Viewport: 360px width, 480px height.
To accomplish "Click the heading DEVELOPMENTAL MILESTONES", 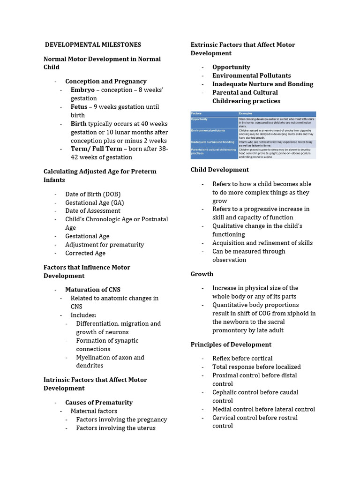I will (93, 45).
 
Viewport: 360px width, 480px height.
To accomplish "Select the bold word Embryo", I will (82, 90).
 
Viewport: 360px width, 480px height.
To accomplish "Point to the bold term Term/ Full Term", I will (96, 149).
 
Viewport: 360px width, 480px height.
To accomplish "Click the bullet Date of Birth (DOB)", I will (93, 194).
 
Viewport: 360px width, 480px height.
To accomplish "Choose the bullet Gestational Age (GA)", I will (94, 202).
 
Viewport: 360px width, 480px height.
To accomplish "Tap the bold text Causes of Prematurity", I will (99, 403).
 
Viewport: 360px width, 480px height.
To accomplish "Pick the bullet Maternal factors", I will (94, 411).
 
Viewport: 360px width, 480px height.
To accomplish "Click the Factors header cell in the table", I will (196, 114).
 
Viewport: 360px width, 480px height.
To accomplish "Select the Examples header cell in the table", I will (246, 114).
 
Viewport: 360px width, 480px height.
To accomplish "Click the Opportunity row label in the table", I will (200, 120).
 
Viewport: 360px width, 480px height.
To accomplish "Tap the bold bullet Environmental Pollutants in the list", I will (251, 75).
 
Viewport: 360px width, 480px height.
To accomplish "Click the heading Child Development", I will (220, 170).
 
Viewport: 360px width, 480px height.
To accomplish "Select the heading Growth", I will (202, 274).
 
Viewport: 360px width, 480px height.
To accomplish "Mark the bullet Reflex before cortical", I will (242, 359).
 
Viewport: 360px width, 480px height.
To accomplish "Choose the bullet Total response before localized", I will (256, 367).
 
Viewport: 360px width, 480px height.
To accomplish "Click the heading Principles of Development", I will (231, 345).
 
